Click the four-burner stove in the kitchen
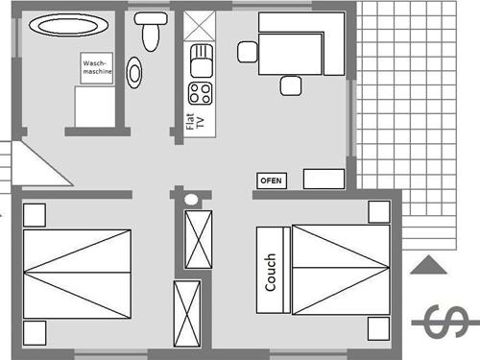[x=201, y=93]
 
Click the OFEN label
[x=271, y=180]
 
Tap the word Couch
[x=272, y=271]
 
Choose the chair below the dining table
[x=291, y=86]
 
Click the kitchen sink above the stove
[x=201, y=60]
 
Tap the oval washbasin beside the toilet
[x=134, y=73]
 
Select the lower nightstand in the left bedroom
[x=34, y=333]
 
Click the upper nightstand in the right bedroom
[x=378, y=211]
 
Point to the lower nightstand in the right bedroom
[x=378, y=327]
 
